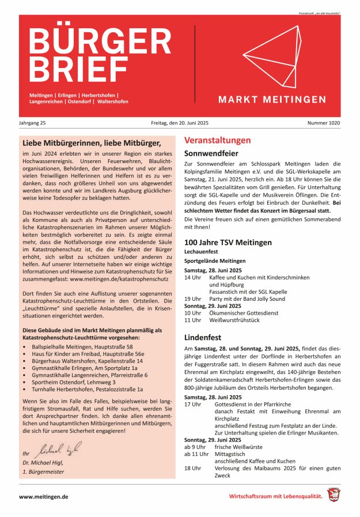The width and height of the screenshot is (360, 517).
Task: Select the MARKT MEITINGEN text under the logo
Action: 272,100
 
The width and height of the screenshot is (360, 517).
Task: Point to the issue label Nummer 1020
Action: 323,123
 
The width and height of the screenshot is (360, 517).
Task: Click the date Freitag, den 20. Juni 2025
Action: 180,123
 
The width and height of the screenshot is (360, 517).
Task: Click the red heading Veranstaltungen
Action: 217,140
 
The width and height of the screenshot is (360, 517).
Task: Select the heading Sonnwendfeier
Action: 211,154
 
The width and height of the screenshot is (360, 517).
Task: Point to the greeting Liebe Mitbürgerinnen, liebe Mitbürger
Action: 91,142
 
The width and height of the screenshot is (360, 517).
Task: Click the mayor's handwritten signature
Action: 59,450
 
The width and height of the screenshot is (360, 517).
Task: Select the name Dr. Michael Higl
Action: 43,462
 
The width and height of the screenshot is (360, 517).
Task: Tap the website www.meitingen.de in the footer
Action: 44,496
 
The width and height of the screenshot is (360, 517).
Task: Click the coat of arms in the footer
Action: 334,495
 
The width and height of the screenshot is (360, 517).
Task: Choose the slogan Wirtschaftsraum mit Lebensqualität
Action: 275,496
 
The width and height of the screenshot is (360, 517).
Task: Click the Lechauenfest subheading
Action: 201,252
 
